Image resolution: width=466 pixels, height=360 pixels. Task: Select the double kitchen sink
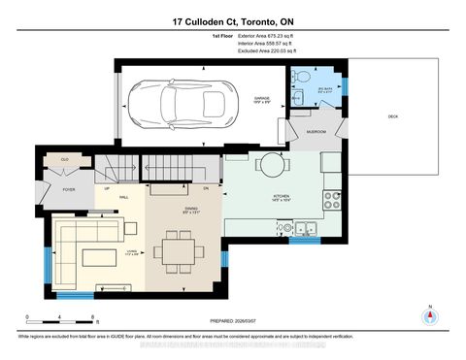307,230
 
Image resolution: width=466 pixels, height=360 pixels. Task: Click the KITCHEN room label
282,197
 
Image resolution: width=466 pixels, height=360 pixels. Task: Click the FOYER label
69,190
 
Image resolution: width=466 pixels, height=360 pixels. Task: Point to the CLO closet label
65,158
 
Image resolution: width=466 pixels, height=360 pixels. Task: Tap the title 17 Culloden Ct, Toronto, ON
232,21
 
